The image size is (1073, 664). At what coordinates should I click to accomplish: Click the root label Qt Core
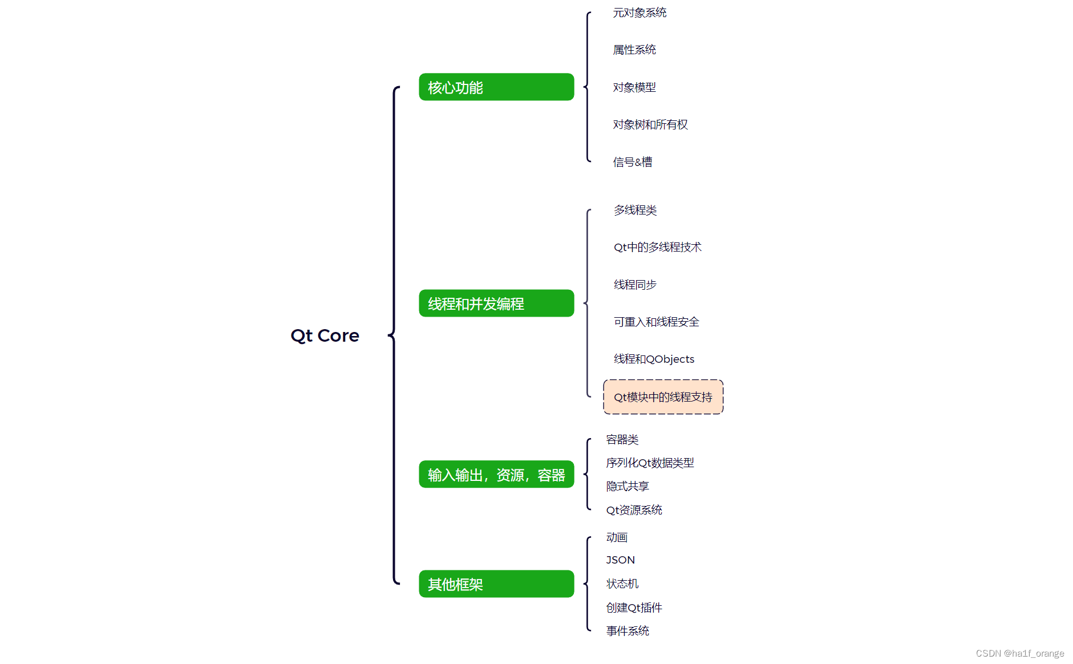(x=325, y=335)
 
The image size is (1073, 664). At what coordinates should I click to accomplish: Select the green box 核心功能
(x=496, y=87)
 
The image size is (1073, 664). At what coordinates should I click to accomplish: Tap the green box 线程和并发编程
(x=496, y=303)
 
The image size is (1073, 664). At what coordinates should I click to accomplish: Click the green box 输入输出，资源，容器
(x=496, y=475)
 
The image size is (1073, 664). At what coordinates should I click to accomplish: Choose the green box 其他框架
(x=496, y=584)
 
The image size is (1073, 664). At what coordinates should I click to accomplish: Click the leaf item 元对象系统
(x=639, y=13)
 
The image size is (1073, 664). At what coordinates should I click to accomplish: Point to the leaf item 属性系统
(x=634, y=50)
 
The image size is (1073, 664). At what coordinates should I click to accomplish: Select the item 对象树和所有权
(x=650, y=124)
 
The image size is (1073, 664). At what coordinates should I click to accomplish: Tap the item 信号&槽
(x=633, y=162)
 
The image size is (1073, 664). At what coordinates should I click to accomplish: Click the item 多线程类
(x=635, y=210)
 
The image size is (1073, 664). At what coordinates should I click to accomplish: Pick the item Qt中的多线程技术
(x=657, y=247)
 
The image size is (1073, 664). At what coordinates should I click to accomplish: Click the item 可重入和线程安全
(x=656, y=322)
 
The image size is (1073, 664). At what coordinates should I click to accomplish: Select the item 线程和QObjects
(x=654, y=359)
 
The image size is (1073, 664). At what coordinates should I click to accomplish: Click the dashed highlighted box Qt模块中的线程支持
(x=663, y=397)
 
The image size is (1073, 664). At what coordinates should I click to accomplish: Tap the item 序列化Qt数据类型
(x=650, y=463)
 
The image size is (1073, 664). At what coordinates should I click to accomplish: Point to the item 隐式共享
(x=627, y=486)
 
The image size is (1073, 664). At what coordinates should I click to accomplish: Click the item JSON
(x=620, y=560)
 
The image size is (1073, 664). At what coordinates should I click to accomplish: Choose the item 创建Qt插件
(x=634, y=608)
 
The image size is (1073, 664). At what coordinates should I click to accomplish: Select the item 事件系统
(x=627, y=631)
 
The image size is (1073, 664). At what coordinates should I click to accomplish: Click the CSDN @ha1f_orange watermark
(x=1019, y=654)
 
